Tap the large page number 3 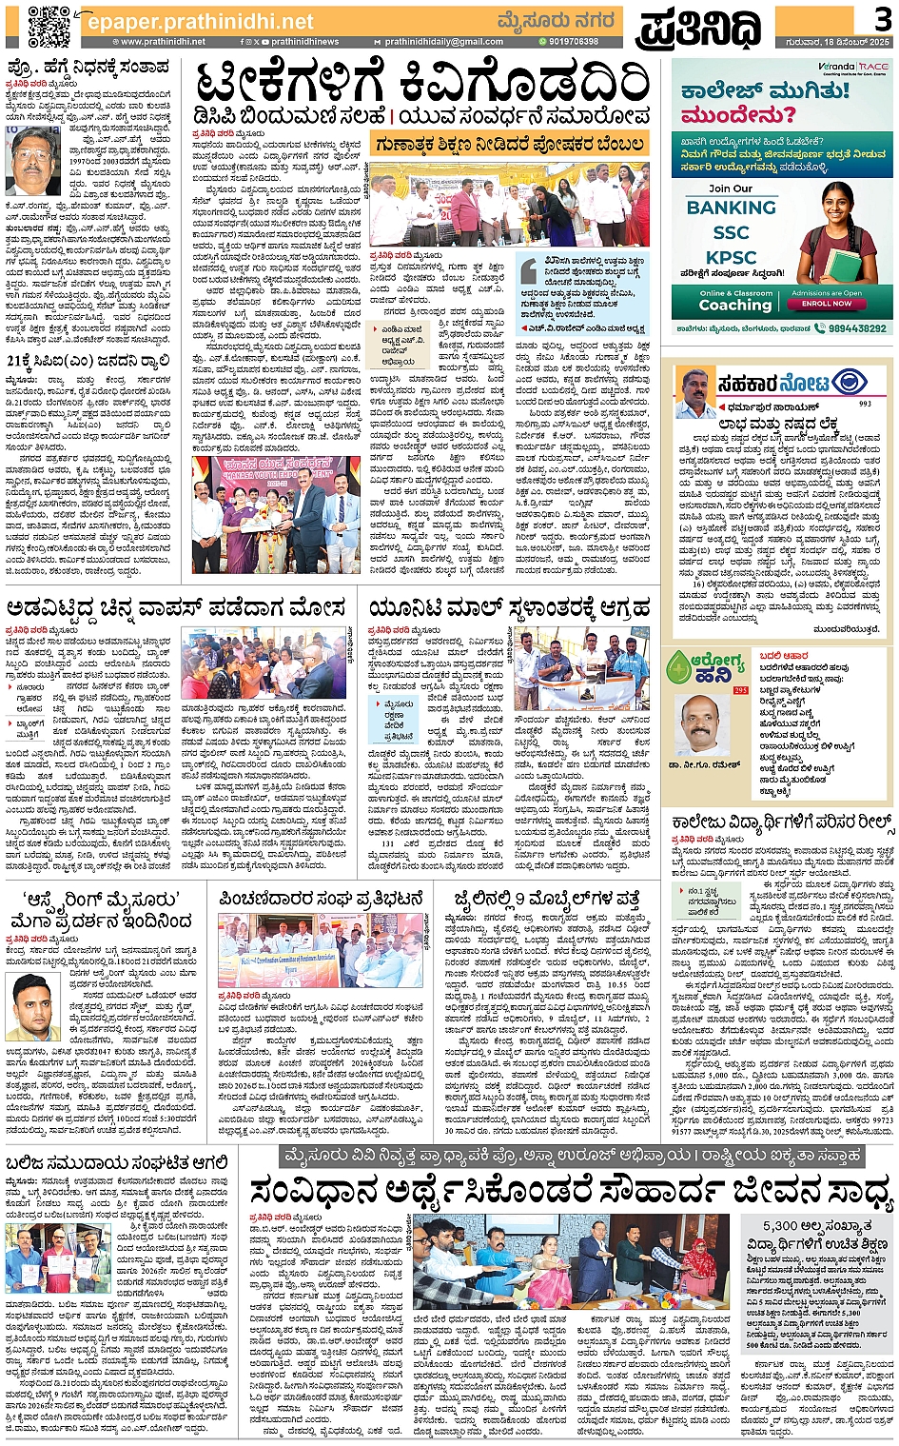pyautogui.click(x=882, y=19)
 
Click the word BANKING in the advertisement pyautogui.click(x=731, y=208)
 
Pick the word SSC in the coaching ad pyautogui.click(x=731, y=232)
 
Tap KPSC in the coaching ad pyautogui.click(x=731, y=257)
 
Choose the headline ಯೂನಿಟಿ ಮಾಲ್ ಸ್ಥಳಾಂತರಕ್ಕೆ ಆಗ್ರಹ pyautogui.click(x=510, y=607)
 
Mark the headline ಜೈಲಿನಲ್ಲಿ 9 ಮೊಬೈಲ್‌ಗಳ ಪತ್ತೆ pyautogui.click(x=546, y=898)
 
